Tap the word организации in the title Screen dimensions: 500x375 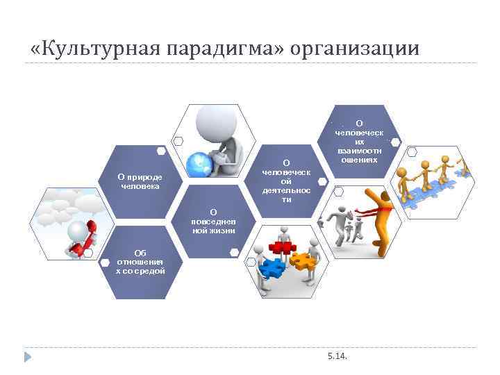click(x=355, y=49)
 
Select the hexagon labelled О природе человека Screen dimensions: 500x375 click(x=140, y=182)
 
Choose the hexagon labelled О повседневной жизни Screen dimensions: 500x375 click(x=213, y=221)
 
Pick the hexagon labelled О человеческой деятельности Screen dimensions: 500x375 click(x=286, y=181)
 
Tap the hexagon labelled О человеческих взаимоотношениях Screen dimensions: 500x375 click(x=358, y=141)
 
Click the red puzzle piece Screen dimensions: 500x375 click(x=281, y=247)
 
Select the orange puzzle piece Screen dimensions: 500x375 click(x=301, y=260)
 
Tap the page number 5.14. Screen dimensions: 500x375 click(x=337, y=356)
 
